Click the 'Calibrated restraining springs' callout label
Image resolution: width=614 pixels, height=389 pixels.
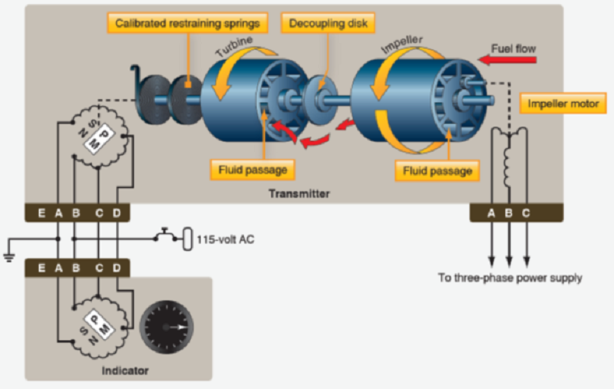pyautogui.click(x=187, y=23)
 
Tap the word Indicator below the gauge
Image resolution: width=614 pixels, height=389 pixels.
pyautogui.click(x=126, y=371)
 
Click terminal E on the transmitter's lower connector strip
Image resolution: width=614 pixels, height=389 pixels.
pyautogui.click(x=41, y=213)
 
